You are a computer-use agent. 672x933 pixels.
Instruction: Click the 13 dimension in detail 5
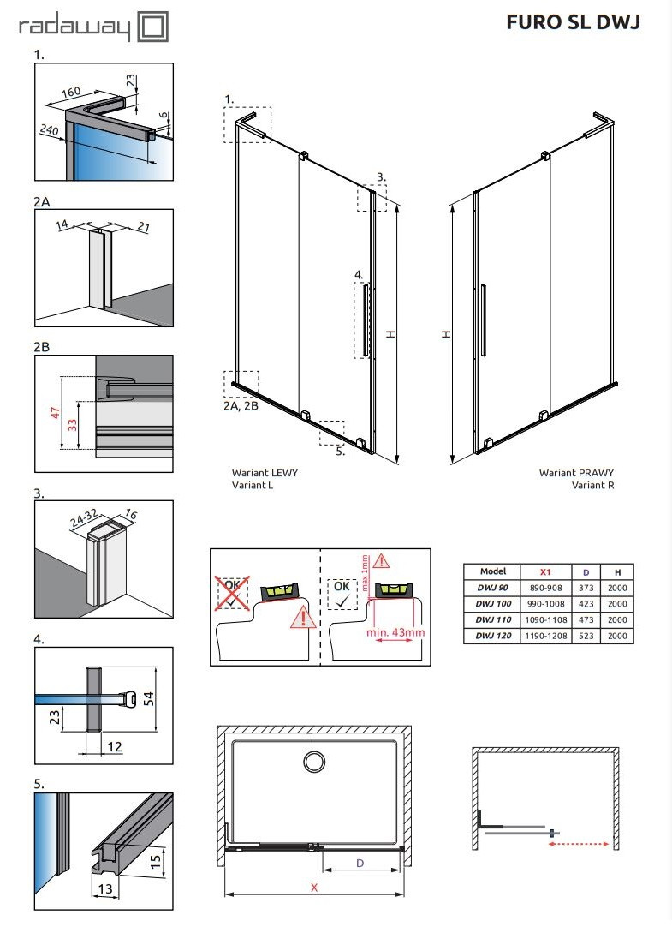[x=106, y=890]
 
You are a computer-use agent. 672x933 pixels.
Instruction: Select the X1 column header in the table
[x=545, y=571]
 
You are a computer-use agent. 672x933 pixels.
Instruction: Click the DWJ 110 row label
[x=494, y=619]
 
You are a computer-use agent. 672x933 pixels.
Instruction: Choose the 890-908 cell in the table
[x=545, y=588]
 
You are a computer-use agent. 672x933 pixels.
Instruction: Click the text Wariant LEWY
[x=265, y=473]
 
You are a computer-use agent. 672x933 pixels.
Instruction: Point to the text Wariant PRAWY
[x=576, y=473]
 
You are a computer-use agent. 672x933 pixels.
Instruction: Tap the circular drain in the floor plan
[x=314, y=762]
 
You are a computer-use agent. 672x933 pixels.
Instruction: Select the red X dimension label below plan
[x=314, y=888]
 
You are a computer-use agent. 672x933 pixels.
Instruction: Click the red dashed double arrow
[x=579, y=844]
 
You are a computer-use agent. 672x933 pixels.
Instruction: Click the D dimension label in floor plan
[x=360, y=864]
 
